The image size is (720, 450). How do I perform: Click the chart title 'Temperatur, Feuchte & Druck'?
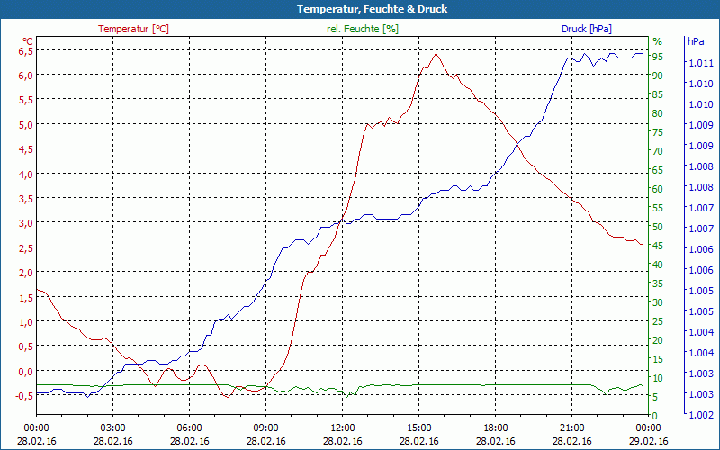tap(360, 9)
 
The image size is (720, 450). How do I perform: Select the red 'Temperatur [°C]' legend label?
tap(133, 29)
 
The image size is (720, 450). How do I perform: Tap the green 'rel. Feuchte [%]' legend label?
tap(362, 29)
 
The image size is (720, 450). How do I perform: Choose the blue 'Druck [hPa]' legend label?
tap(586, 29)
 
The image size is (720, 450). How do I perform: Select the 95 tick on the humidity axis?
tap(658, 57)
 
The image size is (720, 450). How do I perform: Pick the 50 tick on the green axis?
tap(658, 227)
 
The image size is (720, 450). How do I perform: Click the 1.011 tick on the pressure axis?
tap(701, 63)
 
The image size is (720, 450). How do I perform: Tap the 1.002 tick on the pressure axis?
tap(701, 415)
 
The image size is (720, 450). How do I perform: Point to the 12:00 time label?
tap(343, 428)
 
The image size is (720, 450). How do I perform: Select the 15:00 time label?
tap(419, 428)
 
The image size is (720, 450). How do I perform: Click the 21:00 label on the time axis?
tap(572, 428)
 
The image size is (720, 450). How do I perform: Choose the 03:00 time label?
tap(112, 428)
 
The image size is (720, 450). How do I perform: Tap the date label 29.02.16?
tap(649, 441)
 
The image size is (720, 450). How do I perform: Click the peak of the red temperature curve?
tap(436, 54)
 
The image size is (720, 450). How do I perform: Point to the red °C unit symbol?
tap(28, 40)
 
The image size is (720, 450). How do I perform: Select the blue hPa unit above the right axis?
tap(696, 41)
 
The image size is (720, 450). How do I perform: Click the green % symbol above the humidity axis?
tap(657, 41)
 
